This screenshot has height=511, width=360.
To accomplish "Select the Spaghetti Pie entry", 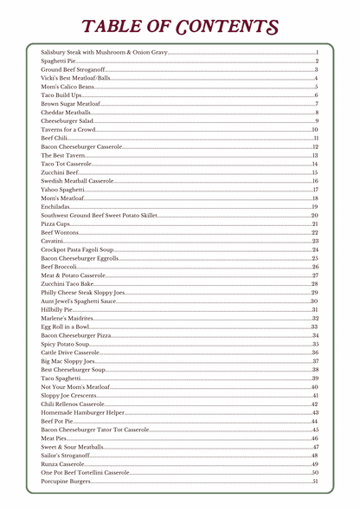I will (59, 61).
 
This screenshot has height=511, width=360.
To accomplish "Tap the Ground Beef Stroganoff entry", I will (73, 69).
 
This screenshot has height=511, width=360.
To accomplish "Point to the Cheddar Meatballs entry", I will (66, 113).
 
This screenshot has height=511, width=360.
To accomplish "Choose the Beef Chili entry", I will (54, 138).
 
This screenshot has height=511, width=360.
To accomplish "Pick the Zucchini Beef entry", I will (60, 172).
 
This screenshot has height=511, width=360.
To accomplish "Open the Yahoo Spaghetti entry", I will (62, 189).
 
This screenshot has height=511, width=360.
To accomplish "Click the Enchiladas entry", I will (56, 206).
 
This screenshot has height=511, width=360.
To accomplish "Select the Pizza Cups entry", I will (56, 223).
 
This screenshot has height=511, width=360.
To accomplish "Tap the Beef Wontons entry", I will (59, 232).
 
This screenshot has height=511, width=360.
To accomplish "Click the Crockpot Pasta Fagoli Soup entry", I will (83, 249).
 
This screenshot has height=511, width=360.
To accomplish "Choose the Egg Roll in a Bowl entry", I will (65, 327).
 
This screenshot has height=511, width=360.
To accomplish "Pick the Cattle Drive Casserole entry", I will (70, 353).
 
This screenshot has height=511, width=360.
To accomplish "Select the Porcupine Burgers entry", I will (66, 481).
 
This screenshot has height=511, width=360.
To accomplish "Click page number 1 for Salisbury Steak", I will (318, 53).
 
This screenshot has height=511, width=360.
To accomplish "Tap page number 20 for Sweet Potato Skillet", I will (315, 215).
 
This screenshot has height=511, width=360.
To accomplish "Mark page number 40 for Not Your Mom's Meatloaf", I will (315, 386).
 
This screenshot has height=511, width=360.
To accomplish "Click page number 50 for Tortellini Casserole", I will (315, 472).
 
